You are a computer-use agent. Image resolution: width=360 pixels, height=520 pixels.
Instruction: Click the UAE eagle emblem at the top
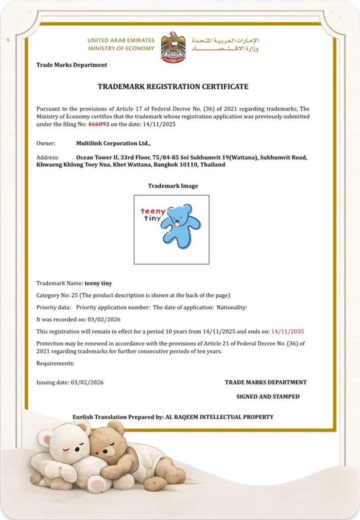(x=173, y=47)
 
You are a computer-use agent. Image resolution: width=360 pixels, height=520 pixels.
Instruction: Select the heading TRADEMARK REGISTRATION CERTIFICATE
(x=173, y=87)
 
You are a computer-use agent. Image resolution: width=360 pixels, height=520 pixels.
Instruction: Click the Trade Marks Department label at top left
(x=72, y=65)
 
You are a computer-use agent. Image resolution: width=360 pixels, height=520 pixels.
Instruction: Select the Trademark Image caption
(x=173, y=186)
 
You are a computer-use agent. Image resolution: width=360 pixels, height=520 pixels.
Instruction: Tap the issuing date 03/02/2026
(x=87, y=382)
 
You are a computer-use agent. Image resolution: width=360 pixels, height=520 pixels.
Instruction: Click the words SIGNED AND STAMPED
(x=268, y=397)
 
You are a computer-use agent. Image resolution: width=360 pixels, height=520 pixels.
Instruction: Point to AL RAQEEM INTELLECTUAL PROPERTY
(x=219, y=417)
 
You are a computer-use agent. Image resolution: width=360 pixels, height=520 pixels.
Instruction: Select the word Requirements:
(x=55, y=363)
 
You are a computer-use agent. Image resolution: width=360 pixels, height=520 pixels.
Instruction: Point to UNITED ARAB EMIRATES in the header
(x=121, y=40)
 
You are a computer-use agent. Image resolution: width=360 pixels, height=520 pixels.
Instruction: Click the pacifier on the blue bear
(x=178, y=224)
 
